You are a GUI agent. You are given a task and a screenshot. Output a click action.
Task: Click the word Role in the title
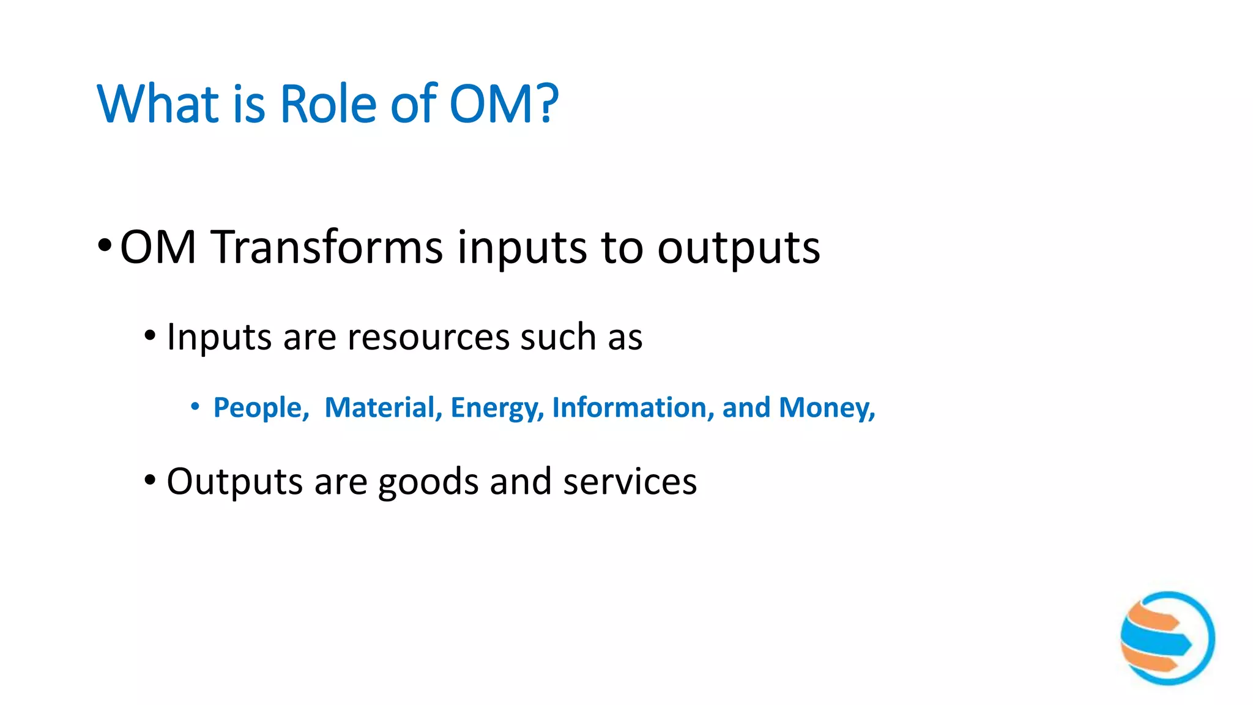pos(328,104)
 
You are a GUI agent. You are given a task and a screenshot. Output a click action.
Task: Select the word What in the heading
pos(158,104)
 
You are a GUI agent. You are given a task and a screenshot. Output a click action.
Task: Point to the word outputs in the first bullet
pos(738,248)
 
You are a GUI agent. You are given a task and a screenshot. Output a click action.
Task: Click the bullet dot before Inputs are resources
pos(150,336)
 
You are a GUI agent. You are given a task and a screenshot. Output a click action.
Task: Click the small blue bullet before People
pos(195,406)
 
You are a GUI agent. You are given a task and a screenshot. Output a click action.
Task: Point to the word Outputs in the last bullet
pos(234,482)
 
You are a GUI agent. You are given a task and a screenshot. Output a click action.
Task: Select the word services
pos(630,482)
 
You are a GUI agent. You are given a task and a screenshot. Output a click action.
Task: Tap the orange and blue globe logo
pos(1167,638)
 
